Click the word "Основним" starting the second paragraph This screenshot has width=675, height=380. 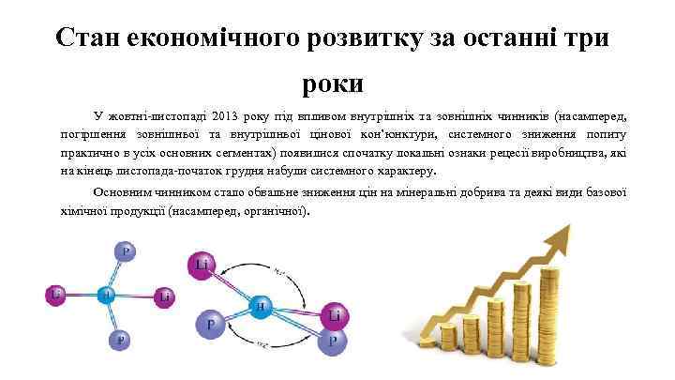click(x=120, y=192)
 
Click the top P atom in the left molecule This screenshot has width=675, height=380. click(x=126, y=252)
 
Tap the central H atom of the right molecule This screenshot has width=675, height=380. click(x=259, y=306)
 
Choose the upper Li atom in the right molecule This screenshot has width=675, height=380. click(x=202, y=266)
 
